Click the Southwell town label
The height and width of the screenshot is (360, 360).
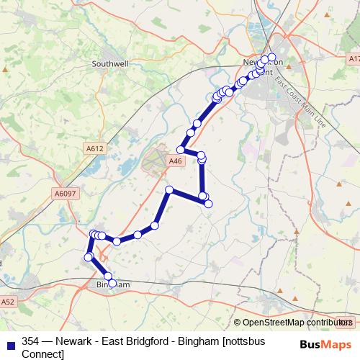[109, 63]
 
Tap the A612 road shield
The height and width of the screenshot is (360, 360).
[95, 148]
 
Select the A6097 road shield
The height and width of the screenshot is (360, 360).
[64, 193]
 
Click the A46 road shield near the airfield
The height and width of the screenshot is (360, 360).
[175, 162]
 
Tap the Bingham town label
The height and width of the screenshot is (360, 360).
[112, 285]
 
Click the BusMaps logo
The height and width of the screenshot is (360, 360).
[325, 344]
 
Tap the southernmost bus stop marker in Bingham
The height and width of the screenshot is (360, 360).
[112, 283]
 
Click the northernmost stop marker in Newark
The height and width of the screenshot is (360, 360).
[271, 57]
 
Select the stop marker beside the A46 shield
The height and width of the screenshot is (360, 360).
[181, 150]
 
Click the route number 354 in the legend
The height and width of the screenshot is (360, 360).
[31, 342]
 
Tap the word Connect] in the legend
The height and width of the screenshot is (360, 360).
[42, 354]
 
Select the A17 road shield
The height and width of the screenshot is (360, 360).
[353, 58]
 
